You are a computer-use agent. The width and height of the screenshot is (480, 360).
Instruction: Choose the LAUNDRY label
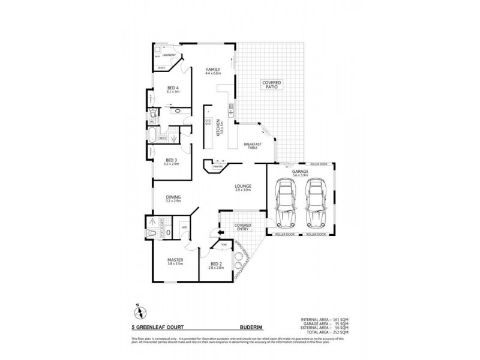click(168, 55)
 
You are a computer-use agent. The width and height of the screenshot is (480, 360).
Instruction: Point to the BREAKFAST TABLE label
click(251, 146)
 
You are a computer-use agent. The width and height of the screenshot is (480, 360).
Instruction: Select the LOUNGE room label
click(242, 187)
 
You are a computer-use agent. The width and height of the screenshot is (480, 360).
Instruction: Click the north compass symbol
click(137, 311)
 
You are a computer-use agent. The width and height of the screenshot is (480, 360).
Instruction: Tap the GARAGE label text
click(300, 172)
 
